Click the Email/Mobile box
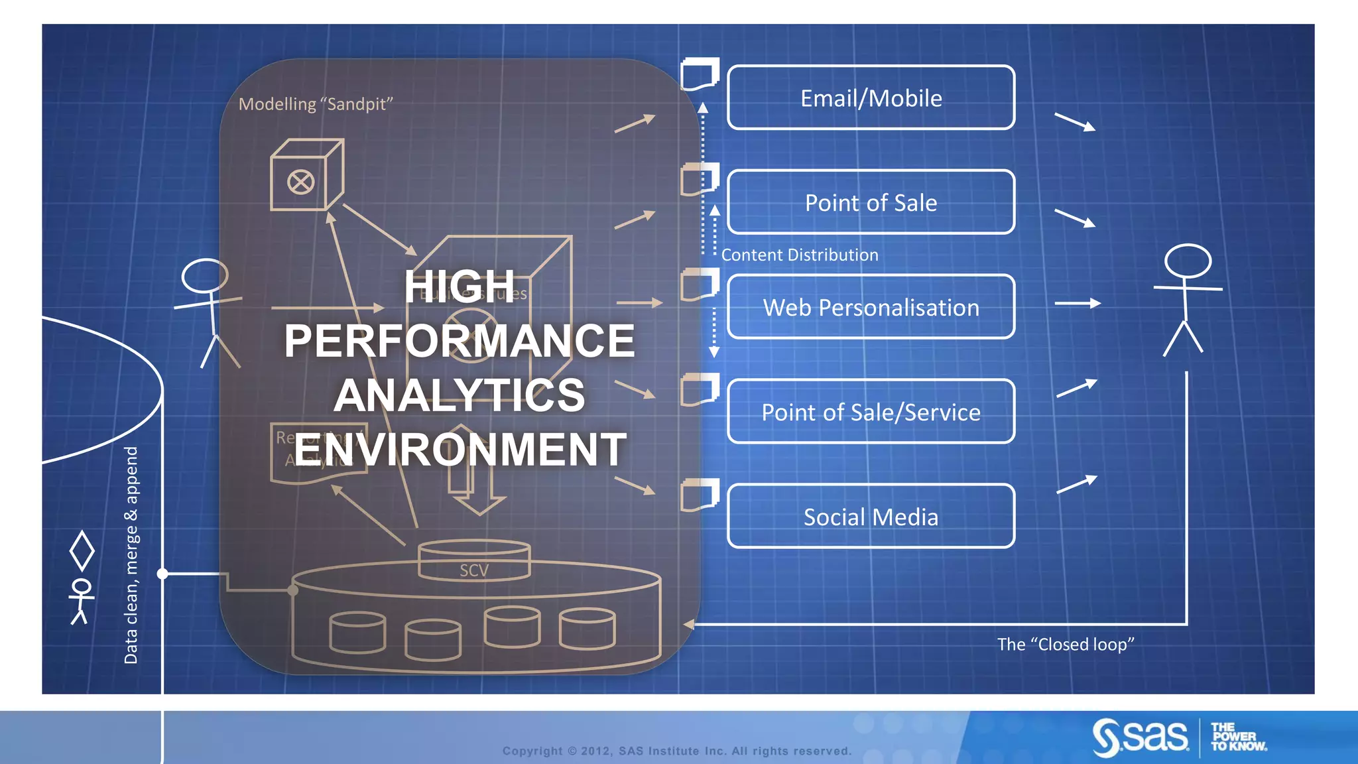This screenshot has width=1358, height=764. [871, 97]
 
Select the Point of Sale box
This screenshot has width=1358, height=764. [871, 202]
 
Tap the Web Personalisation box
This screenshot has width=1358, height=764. [871, 307]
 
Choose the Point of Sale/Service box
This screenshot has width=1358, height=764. [871, 412]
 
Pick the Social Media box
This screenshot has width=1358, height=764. [871, 517]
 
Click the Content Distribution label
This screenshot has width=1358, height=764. [799, 255]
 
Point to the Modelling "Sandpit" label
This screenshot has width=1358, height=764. [316, 104]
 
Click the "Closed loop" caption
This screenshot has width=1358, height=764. [1066, 645]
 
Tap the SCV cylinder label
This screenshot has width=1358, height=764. [474, 570]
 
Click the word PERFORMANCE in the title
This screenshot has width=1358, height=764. [459, 341]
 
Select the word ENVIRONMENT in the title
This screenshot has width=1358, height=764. [460, 450]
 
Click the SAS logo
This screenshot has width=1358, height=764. [1141, 737]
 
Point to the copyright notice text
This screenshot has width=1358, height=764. [676, 751]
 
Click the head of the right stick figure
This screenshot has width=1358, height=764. [1188, 261]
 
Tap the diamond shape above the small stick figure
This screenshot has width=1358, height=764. [82, 550]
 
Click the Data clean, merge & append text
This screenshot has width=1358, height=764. [131, 554]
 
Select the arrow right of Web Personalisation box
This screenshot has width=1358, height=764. [1078, 303]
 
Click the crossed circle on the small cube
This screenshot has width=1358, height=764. [300, 182]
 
